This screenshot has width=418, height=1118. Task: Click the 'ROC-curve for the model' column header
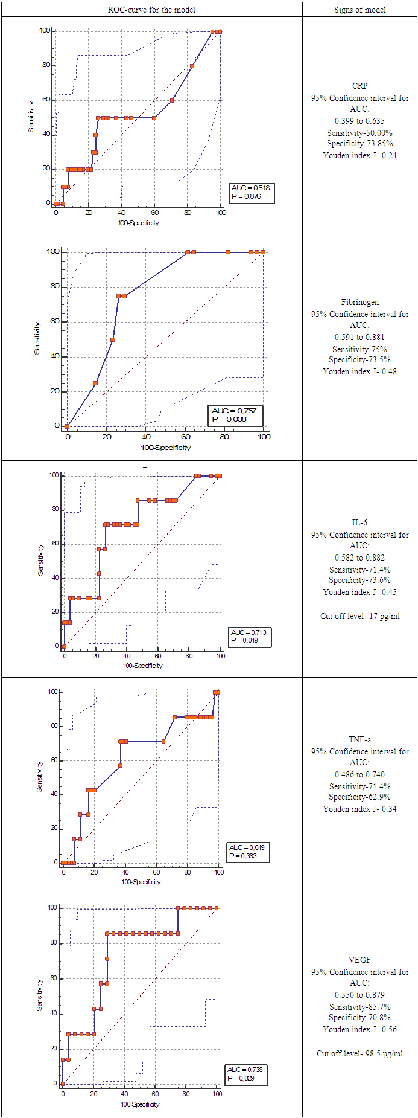pos(151,10)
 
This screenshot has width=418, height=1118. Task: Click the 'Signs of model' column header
pos(359,10)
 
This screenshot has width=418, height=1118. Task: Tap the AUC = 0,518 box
pos(252,193)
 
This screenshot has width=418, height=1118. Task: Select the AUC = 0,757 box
pos(235,415)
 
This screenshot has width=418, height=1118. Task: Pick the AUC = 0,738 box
pos(245,1074)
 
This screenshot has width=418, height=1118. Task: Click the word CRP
pos(360,86)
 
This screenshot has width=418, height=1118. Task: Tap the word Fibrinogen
pos(360,302)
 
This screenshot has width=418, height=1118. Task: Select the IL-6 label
pos(360,522)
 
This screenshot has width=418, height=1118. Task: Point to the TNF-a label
pos(360,739)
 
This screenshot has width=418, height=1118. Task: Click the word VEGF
pos(360,960)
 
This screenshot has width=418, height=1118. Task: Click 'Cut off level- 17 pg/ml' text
pos(360,617)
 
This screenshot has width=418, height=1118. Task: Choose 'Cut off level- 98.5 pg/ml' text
pos(360,1053)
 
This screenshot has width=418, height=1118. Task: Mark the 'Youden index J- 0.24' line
pos(360,155)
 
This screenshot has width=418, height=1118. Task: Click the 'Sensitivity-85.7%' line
pos(360,1007)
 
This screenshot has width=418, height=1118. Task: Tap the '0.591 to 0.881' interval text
pos(360,337)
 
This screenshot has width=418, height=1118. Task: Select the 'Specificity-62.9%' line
pos(360,797)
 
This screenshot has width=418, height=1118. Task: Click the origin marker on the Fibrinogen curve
pos(66,426)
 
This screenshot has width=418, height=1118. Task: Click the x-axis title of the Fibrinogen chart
pos(166,448)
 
